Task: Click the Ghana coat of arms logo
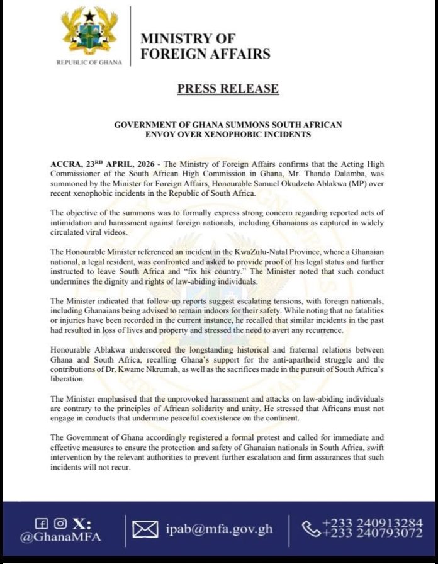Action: pos(88,31)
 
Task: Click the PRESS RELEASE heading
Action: pos(228,88)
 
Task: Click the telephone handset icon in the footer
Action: pos(312,529)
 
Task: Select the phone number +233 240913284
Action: pos(372,522)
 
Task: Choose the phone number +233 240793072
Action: pos(372,534)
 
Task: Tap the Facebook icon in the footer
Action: pos(42,523)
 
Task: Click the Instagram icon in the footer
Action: pos(60,523)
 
